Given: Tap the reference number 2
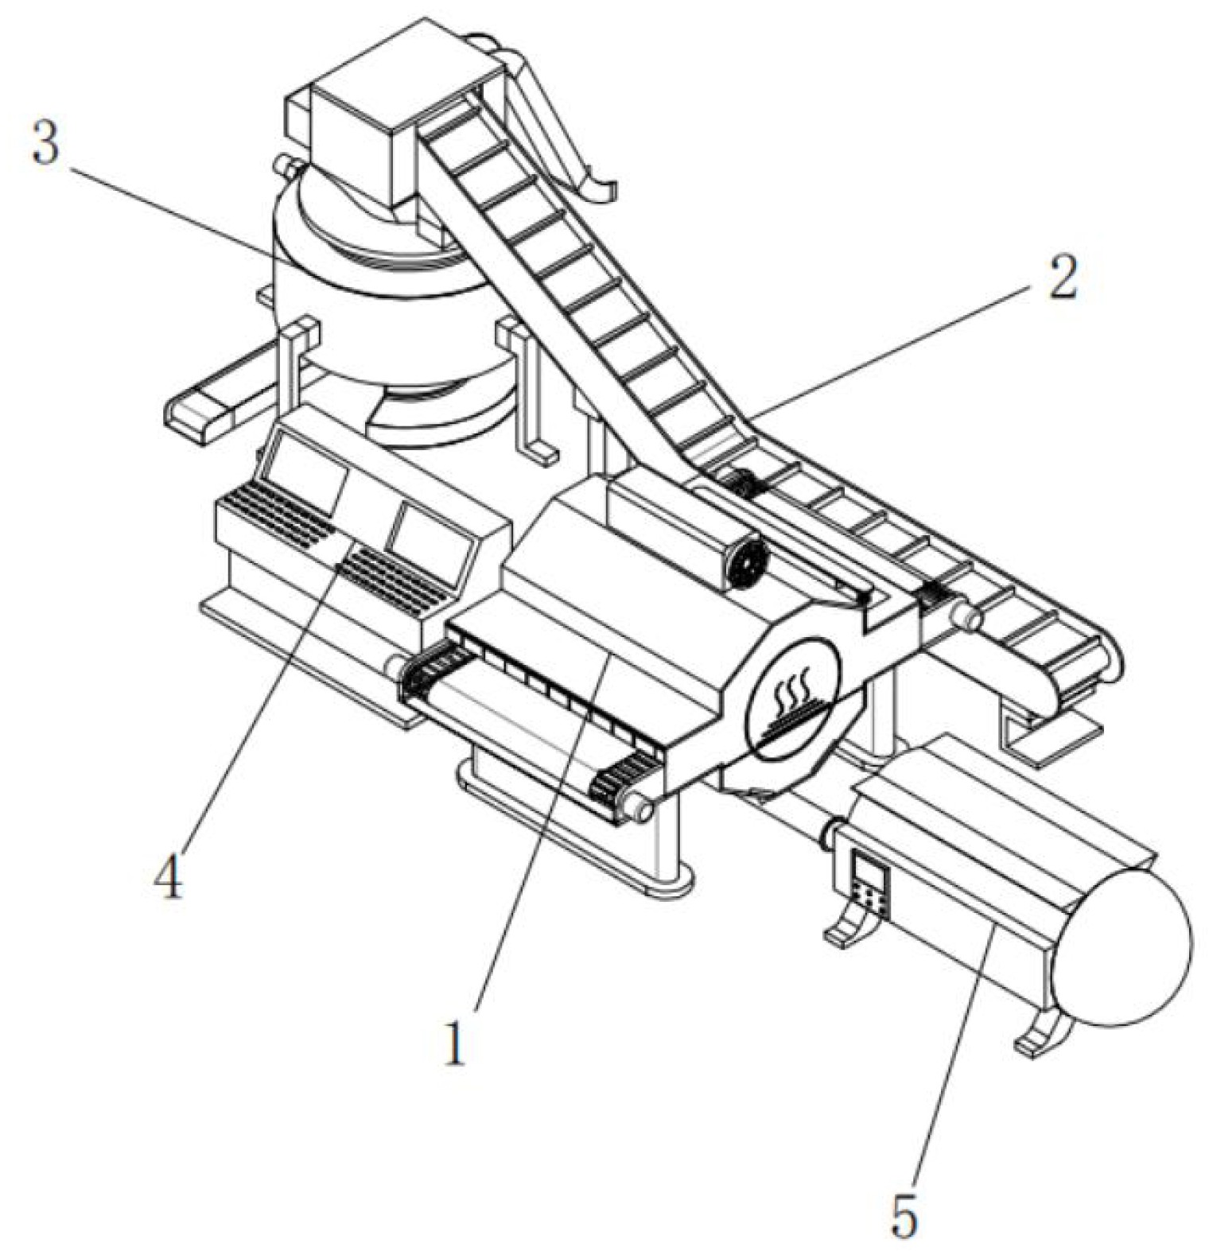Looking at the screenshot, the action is (1062, 279).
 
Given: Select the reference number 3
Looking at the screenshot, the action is (45, 144).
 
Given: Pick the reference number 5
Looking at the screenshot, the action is (904, 1214).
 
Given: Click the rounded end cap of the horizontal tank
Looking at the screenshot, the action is (1129, 946).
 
